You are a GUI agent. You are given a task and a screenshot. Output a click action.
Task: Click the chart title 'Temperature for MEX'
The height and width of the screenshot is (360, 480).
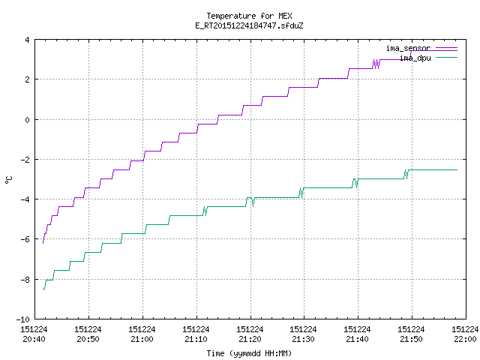[x=249, y=16]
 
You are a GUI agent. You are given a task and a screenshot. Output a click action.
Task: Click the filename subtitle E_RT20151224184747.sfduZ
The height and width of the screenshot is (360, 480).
[x=249, y=25]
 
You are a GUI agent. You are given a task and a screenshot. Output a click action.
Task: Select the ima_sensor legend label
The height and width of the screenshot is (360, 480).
[x=408, y=48]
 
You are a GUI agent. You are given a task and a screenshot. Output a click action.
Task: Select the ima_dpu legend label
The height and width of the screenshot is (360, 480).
[x=415, y=58]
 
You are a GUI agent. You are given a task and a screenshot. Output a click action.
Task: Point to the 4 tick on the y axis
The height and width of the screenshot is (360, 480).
[x=27, y=40]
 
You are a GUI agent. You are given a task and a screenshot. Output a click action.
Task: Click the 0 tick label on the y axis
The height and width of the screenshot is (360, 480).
[x=27, y=120]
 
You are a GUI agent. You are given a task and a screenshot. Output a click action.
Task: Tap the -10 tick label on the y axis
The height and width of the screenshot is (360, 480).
[x=23, y=319]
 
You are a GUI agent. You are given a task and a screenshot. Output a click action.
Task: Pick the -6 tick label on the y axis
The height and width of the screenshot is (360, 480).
[x=25, y=239]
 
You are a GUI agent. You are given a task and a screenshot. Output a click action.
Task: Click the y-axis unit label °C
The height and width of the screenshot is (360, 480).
[x=8, y=180]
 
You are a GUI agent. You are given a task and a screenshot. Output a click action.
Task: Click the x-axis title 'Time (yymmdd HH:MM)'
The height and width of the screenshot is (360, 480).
[x=249, y=353]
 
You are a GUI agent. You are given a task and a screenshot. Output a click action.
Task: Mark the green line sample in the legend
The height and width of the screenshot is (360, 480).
[x=446, y=58]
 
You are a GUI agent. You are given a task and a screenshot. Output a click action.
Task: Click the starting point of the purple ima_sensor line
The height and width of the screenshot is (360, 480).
[x=43, y=243]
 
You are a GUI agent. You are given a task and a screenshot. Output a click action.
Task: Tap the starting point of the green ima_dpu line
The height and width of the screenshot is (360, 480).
[x=43, y=289]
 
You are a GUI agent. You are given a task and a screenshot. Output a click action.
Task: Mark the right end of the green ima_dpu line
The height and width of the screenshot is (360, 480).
[x=457, y=170]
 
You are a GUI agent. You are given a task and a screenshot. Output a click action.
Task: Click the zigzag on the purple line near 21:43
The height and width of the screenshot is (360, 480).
[x=376, y=64]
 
